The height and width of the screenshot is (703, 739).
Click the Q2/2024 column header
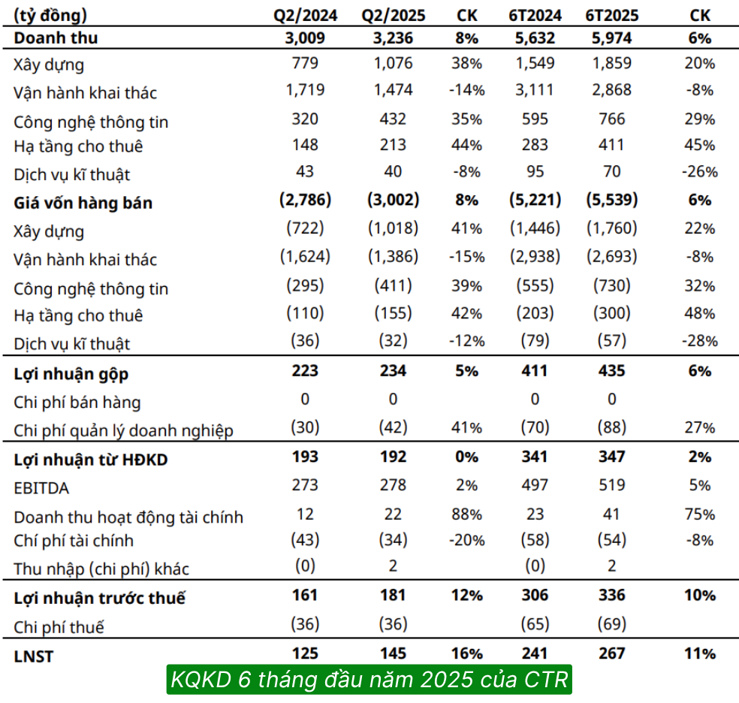tap(304, 15)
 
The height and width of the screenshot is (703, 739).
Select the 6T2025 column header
tap(611, 15)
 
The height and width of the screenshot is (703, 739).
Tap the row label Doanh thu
tap(56, 38)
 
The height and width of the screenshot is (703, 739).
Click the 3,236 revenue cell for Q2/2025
tap(393, 38)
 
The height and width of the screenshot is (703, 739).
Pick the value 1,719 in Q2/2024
tap(304, 90)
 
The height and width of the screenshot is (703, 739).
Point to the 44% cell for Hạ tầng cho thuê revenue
tap(466, 145)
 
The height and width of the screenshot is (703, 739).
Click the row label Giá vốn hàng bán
tap(83, 203)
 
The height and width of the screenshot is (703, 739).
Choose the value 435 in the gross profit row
tap(611, 370)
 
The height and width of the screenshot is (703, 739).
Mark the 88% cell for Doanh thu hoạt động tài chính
tap(466, 514)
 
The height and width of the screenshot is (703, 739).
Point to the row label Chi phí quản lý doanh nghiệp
tap(123, 430)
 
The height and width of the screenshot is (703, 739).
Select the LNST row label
tap(34, 656)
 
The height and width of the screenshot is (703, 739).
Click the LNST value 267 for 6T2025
tap(611, 653)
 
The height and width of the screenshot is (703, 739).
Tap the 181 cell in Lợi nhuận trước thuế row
tap(393, 595)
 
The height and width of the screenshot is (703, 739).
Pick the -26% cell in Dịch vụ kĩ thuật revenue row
tap(699, 172)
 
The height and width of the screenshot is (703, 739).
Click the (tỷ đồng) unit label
tap(50, 15)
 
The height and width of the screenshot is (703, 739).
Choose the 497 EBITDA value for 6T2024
tap(535, 485)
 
